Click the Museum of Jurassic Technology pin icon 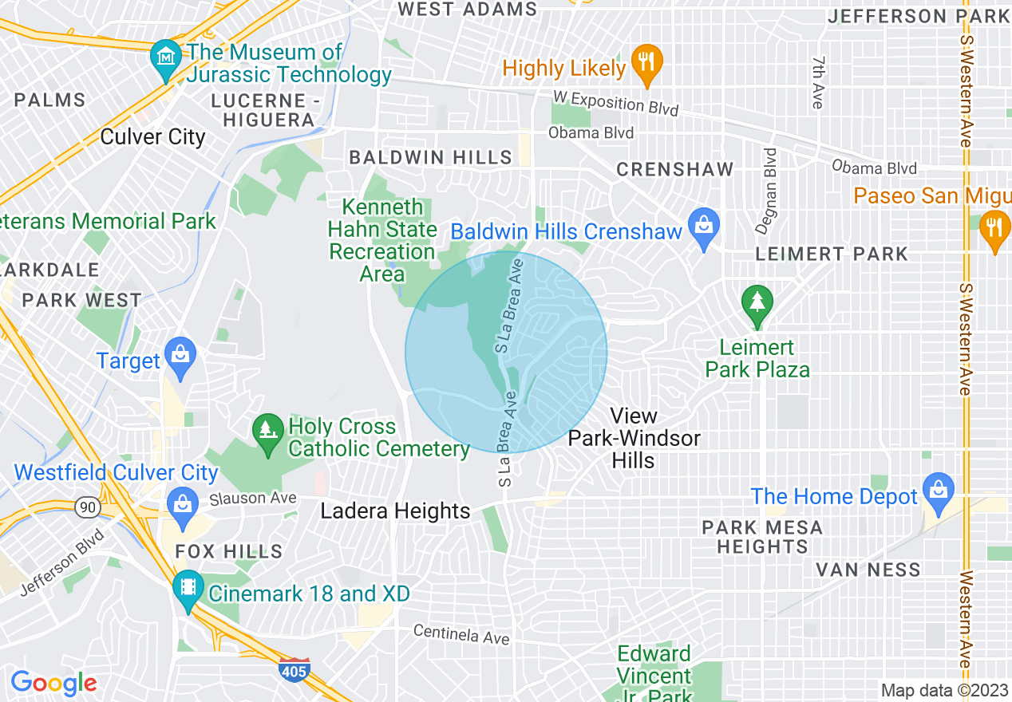pos(166,58)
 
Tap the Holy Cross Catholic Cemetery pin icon pos(268,432)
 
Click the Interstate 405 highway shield pos(295,671)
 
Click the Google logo pos(53,683)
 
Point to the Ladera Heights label pos(395,511)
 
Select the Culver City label pos(152,137)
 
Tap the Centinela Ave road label pos(461,635)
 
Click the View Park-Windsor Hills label pos(634,438)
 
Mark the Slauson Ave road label pos(252,498)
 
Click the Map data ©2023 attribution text pos(944,690)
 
